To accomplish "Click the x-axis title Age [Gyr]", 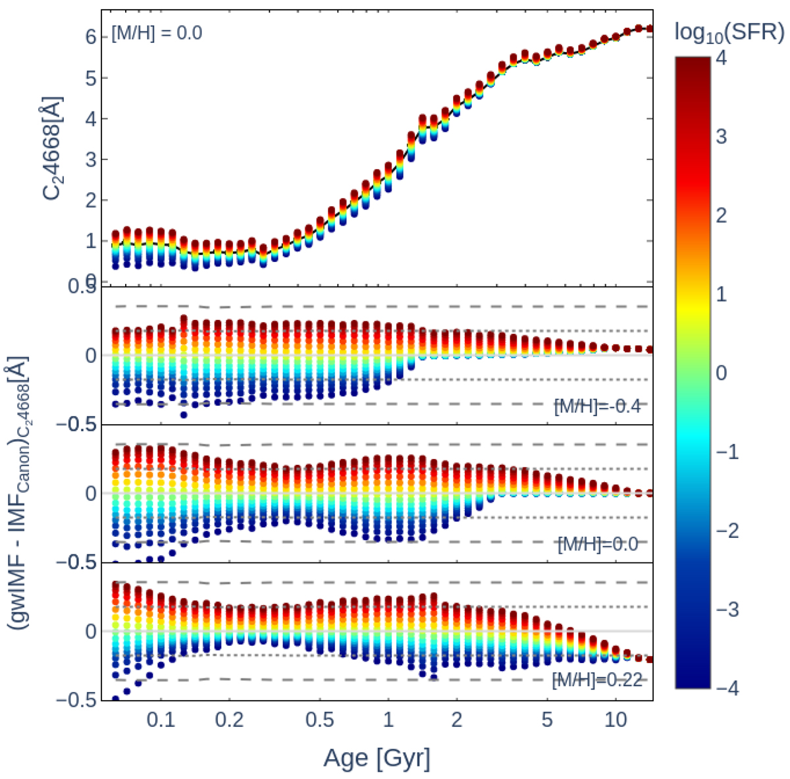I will [x=377, y=759].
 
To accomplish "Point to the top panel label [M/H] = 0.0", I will [x=157, y=32].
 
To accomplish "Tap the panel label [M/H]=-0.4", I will [x=598, y=406].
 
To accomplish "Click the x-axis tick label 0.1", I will [x=161, y=719].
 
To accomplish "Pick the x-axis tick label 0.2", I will [x=229, y=719].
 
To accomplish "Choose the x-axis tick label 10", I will [x=615, y=719].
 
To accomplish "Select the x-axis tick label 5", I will [x=546, y=719].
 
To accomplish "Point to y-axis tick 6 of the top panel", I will [x=90, y=38].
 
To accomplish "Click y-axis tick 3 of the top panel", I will [x=90, y=160].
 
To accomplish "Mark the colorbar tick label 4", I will [x=722, y=58].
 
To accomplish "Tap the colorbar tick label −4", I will [x=726, y=689].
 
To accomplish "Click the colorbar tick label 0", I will [x=722, y=373].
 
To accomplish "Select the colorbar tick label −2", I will [x=726, y=531].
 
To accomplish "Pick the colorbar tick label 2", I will [x=722, y=215].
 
